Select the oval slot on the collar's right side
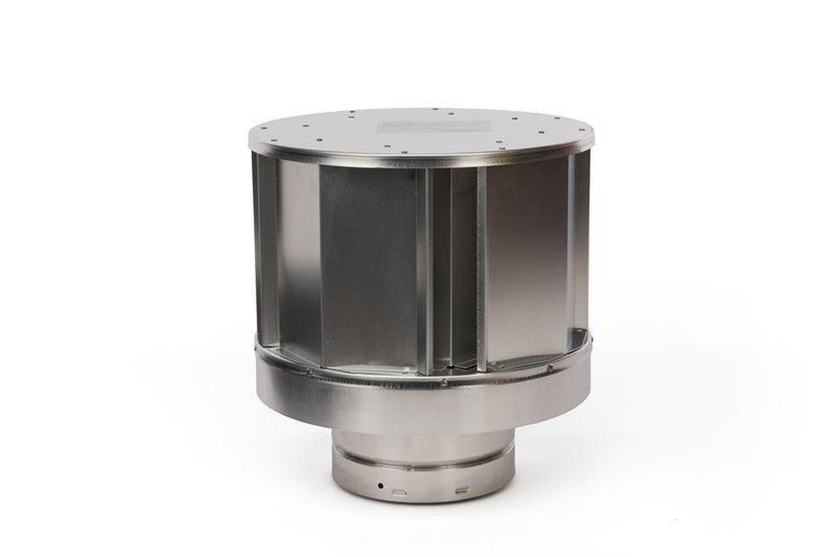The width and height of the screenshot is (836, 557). click(x=464, y=490)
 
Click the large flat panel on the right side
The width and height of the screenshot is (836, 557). click(x=528, y=258)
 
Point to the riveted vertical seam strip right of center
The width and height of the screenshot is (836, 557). click(x=482, y=266)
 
